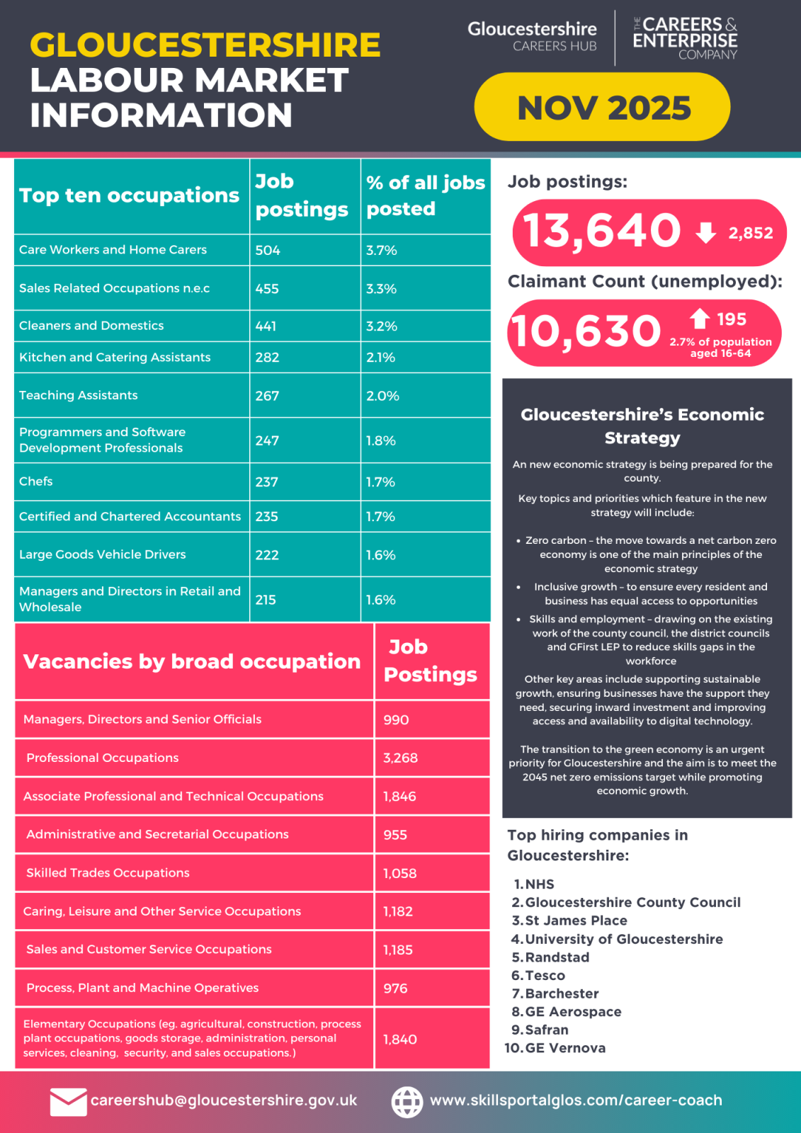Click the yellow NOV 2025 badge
[602, 107]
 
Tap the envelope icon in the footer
[68, 1102]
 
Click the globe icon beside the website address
[407, 1102]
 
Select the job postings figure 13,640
[601, 231]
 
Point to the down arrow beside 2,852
[705, 232]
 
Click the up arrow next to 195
[700, 319]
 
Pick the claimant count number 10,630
[585, 331]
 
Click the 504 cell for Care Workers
[268, 250]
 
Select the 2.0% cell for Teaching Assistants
[382, 396]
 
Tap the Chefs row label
[36, 482]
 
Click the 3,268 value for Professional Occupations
[401, 758]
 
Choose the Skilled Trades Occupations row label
[108, 873]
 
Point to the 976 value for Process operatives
[395, 989]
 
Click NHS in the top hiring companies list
[540, 884]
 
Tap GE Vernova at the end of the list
[565, 1048]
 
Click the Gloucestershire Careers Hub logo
[532, 36]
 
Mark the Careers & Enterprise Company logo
[685, 38]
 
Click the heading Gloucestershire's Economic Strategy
[642, 426]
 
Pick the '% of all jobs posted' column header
[425, 195]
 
